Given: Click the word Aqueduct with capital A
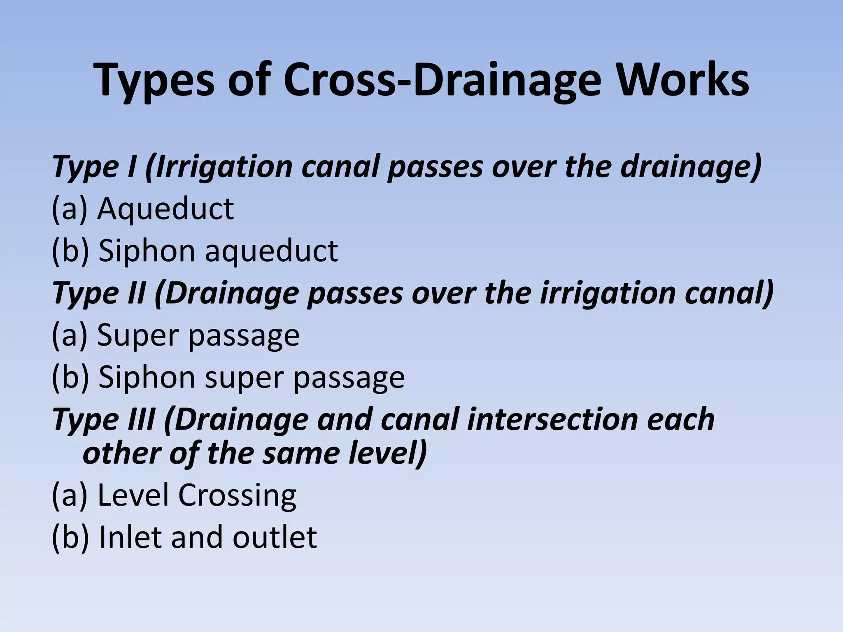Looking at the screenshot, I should click(x=165, y=209).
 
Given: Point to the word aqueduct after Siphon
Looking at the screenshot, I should click(x=272, y=251).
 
